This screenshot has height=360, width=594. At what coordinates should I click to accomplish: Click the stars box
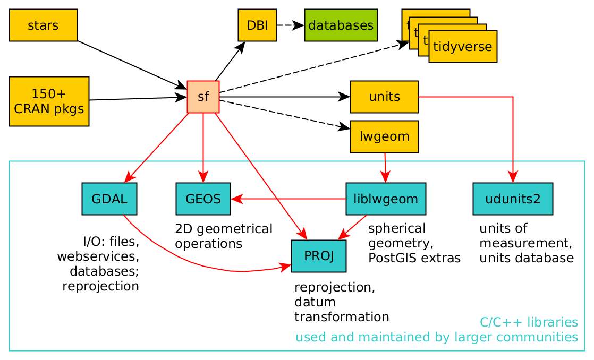coord(43,25)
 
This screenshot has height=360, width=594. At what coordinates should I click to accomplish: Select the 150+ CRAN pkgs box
coord(49,101)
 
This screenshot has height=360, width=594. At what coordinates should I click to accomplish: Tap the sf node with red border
coord(203,97)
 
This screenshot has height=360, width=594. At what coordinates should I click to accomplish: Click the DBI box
coord(257,25)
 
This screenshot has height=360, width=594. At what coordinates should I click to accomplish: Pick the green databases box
coord(341,25)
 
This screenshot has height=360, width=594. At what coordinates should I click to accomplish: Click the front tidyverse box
coord(462,46)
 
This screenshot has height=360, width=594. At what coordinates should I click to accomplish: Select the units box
coord(384,97)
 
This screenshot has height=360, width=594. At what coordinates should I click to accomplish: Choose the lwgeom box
coord(384,136)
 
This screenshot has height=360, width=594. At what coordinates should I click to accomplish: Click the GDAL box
coord(109,199)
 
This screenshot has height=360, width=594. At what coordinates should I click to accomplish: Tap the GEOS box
coord(203,199)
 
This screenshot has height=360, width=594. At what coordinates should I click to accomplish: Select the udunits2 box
coord(513,199)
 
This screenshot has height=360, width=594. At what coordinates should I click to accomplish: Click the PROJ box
coord(319,256)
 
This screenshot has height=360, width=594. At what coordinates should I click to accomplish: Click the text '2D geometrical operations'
coord(223,236)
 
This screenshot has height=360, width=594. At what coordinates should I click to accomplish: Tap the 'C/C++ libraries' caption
coord(529,322)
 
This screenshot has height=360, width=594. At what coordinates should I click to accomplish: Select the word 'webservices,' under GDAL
coord(98,257)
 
